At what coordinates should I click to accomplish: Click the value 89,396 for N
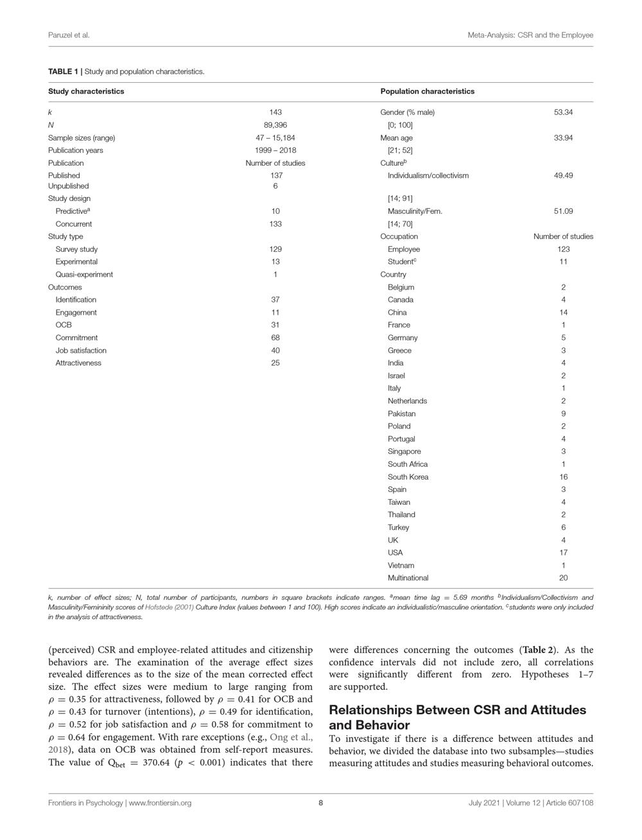click(275, 125)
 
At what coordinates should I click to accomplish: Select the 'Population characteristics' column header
click(427, 91)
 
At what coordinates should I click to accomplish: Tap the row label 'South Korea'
click(408, 477)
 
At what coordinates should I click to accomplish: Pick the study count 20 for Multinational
click(563, 577)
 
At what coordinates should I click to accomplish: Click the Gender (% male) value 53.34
click(563, 112)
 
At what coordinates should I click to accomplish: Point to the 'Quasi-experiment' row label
click(84, 274)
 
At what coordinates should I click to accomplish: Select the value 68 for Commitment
click(275, 337)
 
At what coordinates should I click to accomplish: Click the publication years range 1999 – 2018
click(275, 150)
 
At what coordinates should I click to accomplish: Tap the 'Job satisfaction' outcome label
click(81, 350)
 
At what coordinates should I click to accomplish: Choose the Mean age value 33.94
click(563, 137)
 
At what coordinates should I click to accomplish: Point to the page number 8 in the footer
click(320, 802)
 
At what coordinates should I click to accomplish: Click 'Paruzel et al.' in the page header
click(69, 35)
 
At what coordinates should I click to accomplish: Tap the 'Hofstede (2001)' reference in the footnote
click(169, 606)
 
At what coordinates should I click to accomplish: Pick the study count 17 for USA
click(563, 552)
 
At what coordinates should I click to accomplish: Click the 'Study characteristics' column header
click(86, 91)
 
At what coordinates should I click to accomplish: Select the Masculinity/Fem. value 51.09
click(563, 211)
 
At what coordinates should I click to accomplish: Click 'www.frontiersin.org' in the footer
click(160, 802)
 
